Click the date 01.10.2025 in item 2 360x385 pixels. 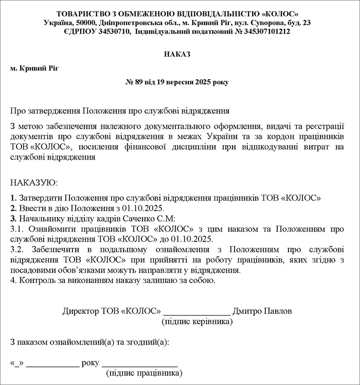point(142,208)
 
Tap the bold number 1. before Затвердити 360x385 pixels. point(13,198)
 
